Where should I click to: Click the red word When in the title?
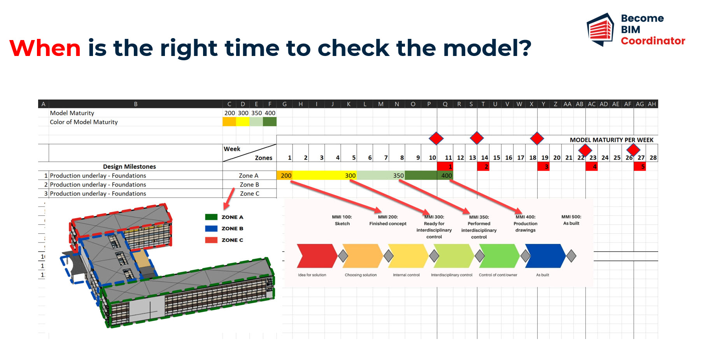[45, 48]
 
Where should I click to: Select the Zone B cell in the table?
[249, 185]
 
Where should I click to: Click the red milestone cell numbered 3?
[543, 166]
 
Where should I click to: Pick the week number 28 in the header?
[653, 157]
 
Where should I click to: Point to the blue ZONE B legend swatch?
[211, 229]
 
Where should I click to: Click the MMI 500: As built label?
[571, 220]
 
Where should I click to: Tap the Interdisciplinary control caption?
[452, 275]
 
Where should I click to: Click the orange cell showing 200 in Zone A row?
[284, 175]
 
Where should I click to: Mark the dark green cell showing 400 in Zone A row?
[445, 175]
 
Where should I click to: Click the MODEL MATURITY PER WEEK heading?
[612, 140]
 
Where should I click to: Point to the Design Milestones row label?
[130, 166]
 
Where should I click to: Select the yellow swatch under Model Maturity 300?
[243, 122]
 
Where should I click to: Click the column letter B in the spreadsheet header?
[136, 104]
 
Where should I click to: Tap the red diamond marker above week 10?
[436, 138]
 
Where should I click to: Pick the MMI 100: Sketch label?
[342, 220]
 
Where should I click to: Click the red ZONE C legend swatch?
[211, 240]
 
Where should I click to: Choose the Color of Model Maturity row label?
[84, 122]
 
